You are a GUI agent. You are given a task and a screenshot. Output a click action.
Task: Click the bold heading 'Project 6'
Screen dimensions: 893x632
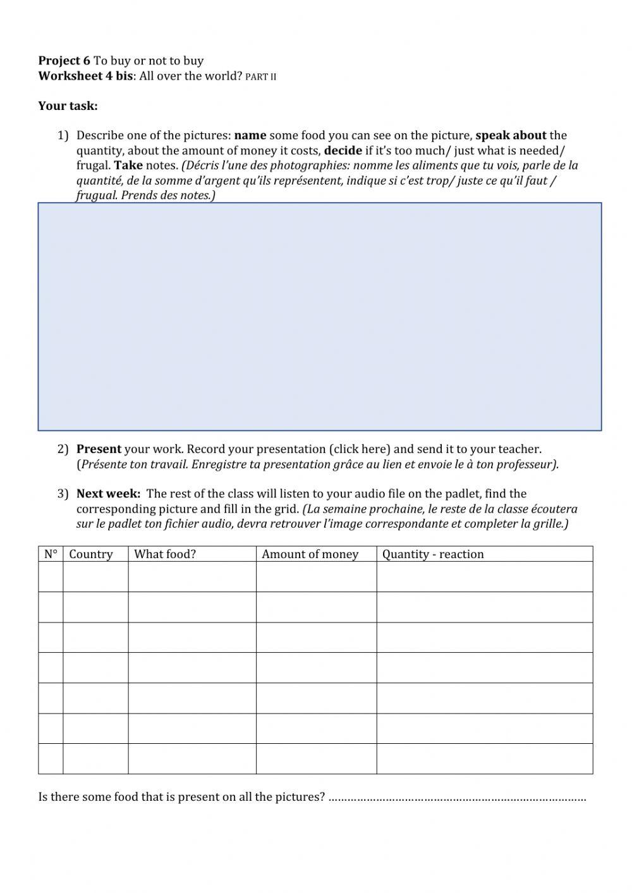pos(64,61)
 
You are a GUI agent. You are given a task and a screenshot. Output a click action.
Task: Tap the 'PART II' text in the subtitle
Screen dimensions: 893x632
pos(260,77)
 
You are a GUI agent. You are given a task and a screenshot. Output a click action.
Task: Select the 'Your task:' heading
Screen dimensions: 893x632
pos(68,106)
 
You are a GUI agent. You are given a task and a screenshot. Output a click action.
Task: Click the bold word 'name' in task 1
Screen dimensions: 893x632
pos(250,135)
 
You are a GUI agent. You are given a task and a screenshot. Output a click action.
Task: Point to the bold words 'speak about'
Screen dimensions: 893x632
pos(511,135)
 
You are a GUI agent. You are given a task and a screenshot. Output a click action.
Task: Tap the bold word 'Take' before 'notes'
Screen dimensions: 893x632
pos(128,166)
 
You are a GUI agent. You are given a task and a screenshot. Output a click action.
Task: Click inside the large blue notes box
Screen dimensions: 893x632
pos(319,316)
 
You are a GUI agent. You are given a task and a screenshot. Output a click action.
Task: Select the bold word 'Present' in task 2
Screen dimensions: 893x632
pos(99,449)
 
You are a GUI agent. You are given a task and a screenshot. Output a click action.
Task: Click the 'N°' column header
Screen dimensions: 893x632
pos(51,554)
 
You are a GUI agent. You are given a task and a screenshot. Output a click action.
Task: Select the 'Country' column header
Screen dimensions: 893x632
pos(91,554)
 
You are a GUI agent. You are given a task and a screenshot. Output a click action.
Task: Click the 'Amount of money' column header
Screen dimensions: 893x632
pos(310,554)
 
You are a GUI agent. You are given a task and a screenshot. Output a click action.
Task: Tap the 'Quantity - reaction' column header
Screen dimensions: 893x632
pos(433,554)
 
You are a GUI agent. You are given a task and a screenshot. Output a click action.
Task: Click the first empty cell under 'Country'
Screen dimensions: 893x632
pos(95,576)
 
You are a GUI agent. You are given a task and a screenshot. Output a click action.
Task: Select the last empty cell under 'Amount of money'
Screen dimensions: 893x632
pos(316,758)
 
